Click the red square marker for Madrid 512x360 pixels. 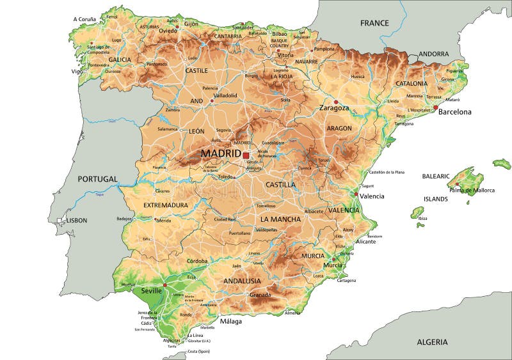click(x=246, y=155)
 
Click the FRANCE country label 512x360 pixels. click(x=374, y=23)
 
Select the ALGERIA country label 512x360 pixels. click(x=432, y=342)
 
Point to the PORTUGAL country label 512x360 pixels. click(x=98, y=179)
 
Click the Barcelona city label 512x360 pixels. click(x=454, y=112)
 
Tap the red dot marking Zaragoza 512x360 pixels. click(x=335, y=102)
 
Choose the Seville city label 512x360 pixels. click(x=151, y=290)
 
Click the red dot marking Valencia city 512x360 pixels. click(x=356, y=194)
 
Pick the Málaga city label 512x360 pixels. click(x=231, y=321)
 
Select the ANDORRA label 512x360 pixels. click(x=435, y=54)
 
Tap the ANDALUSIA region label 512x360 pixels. click(x=242, y=281)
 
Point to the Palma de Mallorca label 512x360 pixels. click(x=472, y=191)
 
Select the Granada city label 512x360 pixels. click(x=260, y=295)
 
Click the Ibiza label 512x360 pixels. click(x=422, y=218)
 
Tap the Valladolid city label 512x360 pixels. click(x=225, y=95)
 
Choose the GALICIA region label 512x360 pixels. click(x=119, y=59)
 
